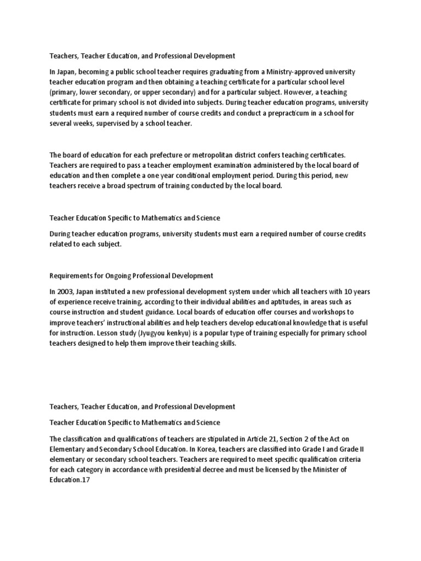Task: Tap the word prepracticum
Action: tap(257, 113)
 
